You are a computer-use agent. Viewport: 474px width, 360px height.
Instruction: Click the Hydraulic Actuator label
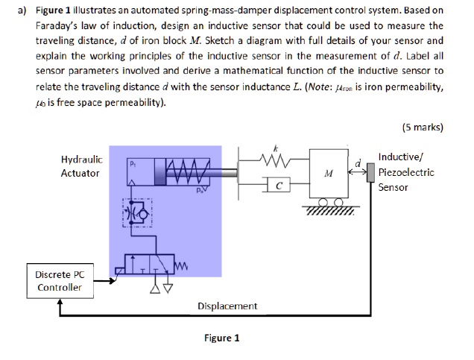(x=80, y=166)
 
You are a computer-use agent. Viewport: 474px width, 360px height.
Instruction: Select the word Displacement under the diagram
(x=227, y=306)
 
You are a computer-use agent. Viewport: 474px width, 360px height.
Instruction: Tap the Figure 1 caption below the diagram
(x=222, y=338)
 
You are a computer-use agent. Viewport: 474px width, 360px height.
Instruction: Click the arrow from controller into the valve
(x=104, y=282)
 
